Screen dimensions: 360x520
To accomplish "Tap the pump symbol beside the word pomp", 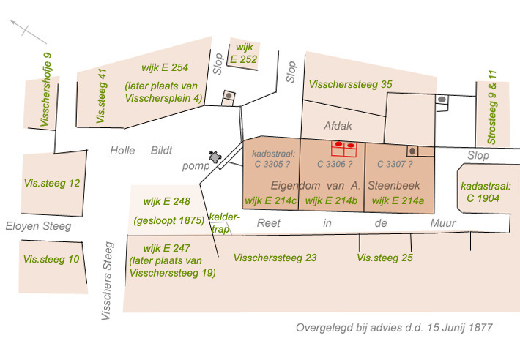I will coord(215,157).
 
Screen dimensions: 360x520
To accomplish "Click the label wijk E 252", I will coord(244,53).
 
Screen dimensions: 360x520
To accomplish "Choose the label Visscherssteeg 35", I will coord(350,84).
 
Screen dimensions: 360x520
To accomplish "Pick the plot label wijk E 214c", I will coord(270,200).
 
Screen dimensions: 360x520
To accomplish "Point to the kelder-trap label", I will coord(220,224).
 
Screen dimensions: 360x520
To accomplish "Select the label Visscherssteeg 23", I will coord(275,258).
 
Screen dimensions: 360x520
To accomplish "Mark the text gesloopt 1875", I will coord(169,220).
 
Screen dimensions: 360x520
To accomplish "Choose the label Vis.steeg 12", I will coord(51,183).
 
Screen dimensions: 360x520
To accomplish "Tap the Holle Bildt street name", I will coord(141,151).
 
